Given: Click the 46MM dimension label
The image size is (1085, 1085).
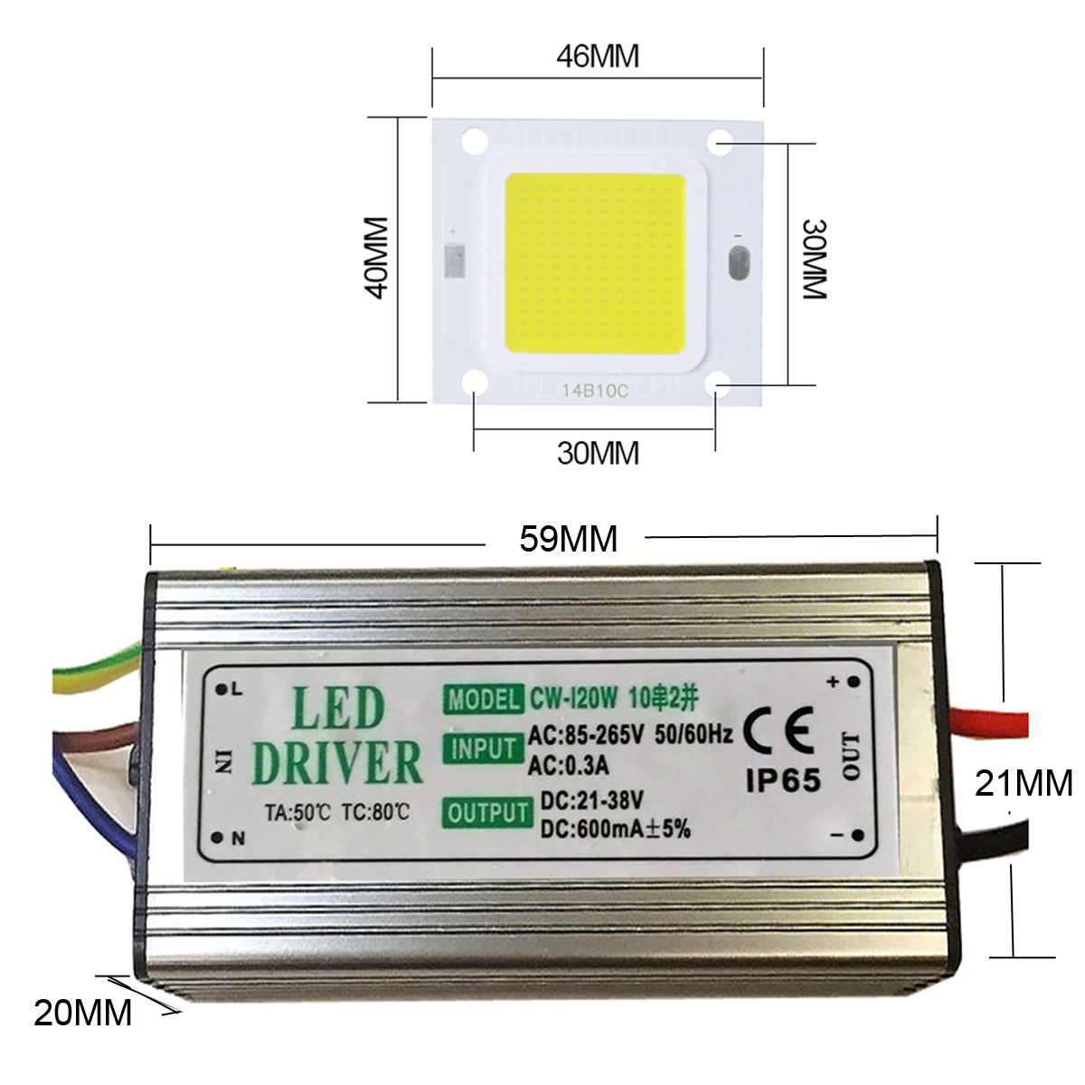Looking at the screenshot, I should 597,56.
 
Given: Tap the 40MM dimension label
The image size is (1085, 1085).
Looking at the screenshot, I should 374,257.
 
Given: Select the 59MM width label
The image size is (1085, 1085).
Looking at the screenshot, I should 568,539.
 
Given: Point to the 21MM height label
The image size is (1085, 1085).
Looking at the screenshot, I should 1023,782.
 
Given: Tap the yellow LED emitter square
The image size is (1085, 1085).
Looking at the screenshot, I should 593,264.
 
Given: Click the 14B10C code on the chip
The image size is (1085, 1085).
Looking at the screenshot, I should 594,392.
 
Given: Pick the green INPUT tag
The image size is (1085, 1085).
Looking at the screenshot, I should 483,750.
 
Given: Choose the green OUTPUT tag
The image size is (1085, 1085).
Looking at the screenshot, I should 487,813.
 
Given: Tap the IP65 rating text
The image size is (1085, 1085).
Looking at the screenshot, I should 783,780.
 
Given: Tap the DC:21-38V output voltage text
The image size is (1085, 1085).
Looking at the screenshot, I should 591,800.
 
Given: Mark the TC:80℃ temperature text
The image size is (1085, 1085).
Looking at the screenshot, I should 375,812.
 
